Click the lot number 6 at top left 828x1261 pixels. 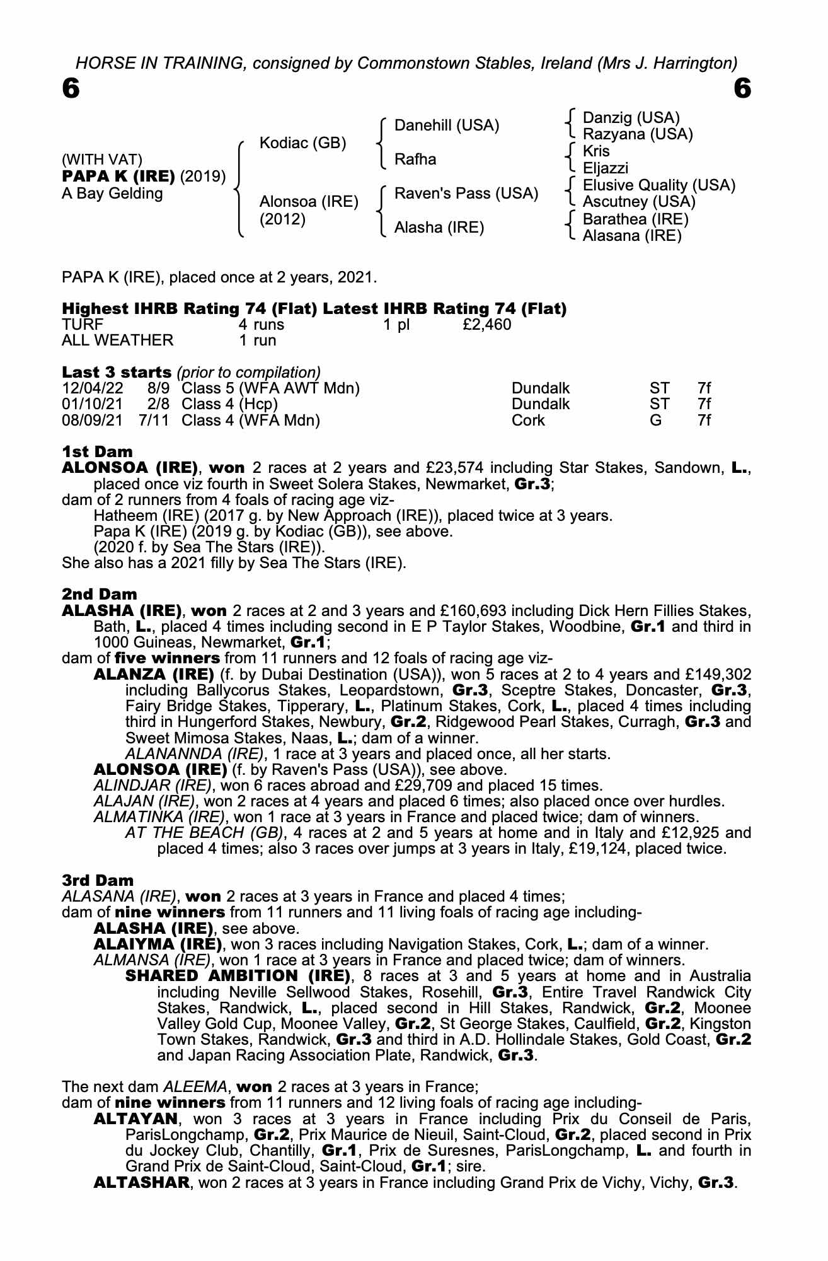71,89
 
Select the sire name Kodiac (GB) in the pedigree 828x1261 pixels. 302,143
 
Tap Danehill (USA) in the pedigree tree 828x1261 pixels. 446,125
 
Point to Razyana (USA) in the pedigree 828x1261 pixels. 637,134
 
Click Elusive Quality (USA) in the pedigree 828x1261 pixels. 658,185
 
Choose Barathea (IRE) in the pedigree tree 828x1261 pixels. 635,219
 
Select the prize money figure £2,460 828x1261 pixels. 486,325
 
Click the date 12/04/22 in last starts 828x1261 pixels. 93,388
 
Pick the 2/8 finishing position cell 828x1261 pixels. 154,404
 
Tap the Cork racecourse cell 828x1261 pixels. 528,420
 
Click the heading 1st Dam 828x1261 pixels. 98,451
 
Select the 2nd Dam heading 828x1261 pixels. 100,594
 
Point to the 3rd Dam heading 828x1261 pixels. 98,880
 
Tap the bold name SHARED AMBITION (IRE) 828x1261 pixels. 238,976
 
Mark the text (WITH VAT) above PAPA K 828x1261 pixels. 102,160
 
